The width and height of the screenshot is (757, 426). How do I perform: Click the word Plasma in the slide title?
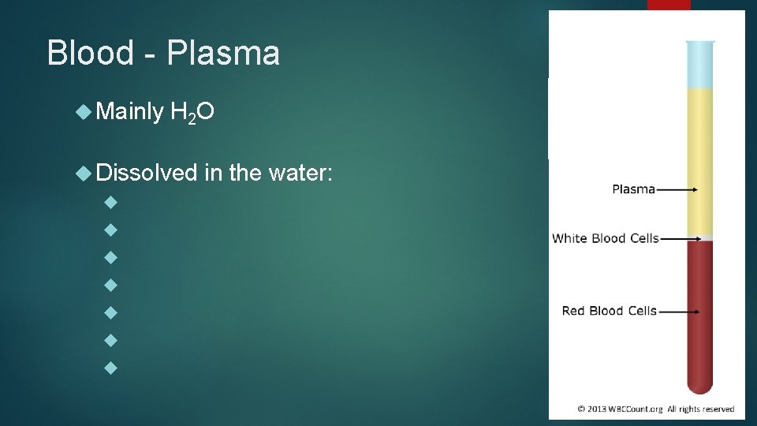pyautogui.click(x=223, y=54)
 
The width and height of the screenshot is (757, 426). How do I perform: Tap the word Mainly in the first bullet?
pyautogui.click(x=129, y=113)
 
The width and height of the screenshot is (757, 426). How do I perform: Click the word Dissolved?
pyautogui.click(x=147, y=172)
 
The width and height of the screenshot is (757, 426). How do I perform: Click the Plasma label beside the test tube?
pyautogui.click(x=633, y=189)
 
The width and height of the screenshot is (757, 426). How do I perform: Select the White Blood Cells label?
pyautogui.click(x=605, y=238)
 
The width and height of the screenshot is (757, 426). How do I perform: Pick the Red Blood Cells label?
pyautogui.click(x=609, y=311)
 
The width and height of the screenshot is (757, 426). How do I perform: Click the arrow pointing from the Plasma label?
pyautogui.click(x=677, y=189)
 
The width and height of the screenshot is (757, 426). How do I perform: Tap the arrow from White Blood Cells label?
pyautogui.click(x=681, y=238)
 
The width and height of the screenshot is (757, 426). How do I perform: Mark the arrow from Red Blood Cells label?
pyautogui.click(x=679, y=312)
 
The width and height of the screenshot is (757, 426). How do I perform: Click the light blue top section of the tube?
pyautogui.click(x=699, y=65)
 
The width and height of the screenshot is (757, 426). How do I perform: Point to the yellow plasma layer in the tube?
pyautogui.click(x=699, y=158)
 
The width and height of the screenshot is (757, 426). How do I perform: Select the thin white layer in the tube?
pyautogui.click(x=699, y=237)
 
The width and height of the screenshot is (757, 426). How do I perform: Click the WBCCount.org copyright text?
pyautogui.click(x=655, y=409)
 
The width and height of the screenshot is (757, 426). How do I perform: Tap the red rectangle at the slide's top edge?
pyautogui.click(x=669, y=5)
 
